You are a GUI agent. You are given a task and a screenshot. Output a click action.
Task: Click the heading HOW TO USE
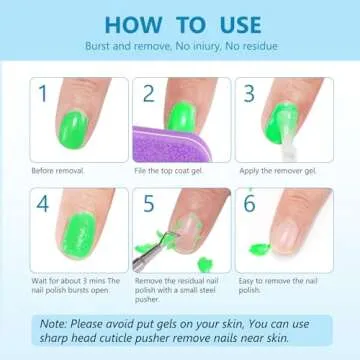180,23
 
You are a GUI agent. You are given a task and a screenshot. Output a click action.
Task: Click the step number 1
42,94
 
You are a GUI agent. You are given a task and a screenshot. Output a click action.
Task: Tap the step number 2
148,93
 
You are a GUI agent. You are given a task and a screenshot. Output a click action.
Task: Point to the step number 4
43,204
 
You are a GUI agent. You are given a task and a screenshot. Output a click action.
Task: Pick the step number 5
148,204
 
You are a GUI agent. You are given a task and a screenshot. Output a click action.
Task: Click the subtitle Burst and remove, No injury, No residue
180,46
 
